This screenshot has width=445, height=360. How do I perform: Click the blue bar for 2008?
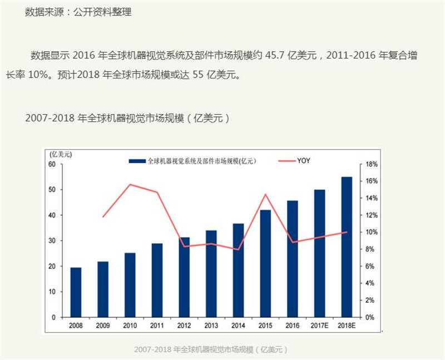click(x=76, y=292)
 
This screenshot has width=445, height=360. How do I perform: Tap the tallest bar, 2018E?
click(x=347, y=247)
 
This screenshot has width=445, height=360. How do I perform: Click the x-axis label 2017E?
click(x=319, y=326)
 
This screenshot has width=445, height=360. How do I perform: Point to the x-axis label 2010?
click(x=130, y=326)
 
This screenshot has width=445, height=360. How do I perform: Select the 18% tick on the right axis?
click(x=372, y=164)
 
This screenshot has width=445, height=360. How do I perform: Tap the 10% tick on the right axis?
click(x=372, y=232)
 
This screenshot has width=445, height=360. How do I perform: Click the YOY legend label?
click(x=303, y=161)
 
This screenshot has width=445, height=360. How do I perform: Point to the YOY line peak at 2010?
click(x=130, y=185)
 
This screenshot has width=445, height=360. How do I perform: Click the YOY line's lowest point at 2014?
click(x=238, y=250)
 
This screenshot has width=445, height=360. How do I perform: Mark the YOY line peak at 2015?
click(x=265, y=194)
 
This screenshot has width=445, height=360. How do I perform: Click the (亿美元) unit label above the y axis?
click(x=61, y=154)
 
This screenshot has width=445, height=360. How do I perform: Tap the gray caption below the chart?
click(x=211, y=349)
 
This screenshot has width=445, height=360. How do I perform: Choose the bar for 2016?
click(x=293, y=259)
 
